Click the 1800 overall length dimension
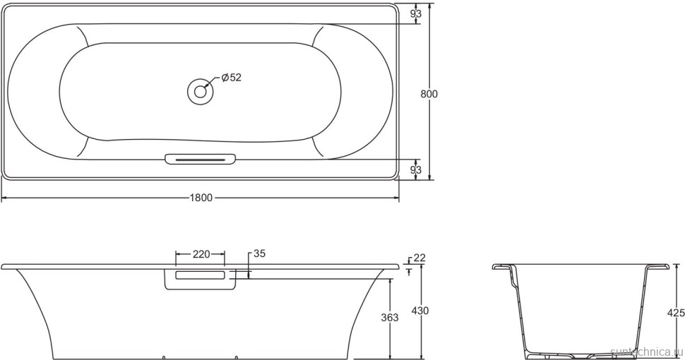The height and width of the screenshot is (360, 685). (201, 198)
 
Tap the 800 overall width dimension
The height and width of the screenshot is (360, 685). (429, 94)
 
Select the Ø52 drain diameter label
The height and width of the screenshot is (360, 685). (232, 78)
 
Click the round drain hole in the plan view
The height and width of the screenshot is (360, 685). (201, 90)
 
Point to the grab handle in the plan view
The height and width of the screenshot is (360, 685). (201, 160)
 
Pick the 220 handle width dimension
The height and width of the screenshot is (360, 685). (201, 254)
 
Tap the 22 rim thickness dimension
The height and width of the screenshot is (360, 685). (419, 258)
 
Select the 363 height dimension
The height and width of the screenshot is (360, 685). (390, 318)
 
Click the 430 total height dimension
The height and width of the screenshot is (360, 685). (421, 311)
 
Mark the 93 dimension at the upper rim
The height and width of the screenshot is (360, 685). (416, 13)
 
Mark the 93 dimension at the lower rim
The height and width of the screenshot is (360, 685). (416, 169)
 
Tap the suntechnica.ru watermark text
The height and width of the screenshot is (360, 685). (646, 351)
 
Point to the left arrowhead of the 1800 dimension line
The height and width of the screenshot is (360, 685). (5, 198)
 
